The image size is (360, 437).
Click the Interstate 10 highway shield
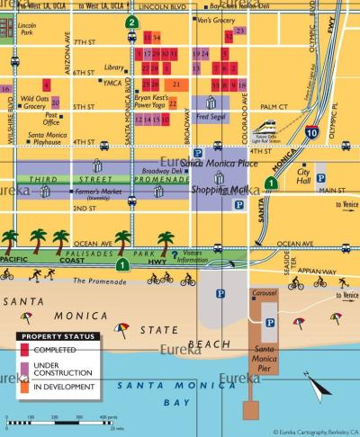(x=310, y=133)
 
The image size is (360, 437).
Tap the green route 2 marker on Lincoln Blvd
(x=132, y=22)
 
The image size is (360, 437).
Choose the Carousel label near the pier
(x=263, y=293)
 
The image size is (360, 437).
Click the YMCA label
(x=112, y=83)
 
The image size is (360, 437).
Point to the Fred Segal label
(x=209, y=116)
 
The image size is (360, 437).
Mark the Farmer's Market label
(x=99, y=192)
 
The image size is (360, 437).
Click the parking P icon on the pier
(x=270, y=322)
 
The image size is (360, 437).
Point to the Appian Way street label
(x=319, y=269)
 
